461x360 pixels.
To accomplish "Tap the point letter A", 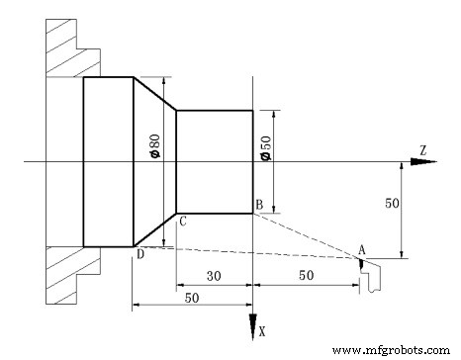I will pyautogui.click(x=362, y=248).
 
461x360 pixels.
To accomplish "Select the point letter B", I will pyautogui.click(x=258, y=205).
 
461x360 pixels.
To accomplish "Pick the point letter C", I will pyautogui.click(x=183, y=223).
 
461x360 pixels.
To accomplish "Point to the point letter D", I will pyautogui.click(x=140, y=256).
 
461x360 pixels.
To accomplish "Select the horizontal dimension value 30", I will pyautogui.click(x=213, y=275).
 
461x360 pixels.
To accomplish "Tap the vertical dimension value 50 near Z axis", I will pyautogui.click(x=392, y=203).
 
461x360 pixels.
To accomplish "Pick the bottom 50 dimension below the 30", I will pyautogui.click(x=190, y=298).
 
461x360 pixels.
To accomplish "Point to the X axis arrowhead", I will pyautogui.click(x=253, y=326).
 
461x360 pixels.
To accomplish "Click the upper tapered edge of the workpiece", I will pyautogui.click(x=154, y=94).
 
